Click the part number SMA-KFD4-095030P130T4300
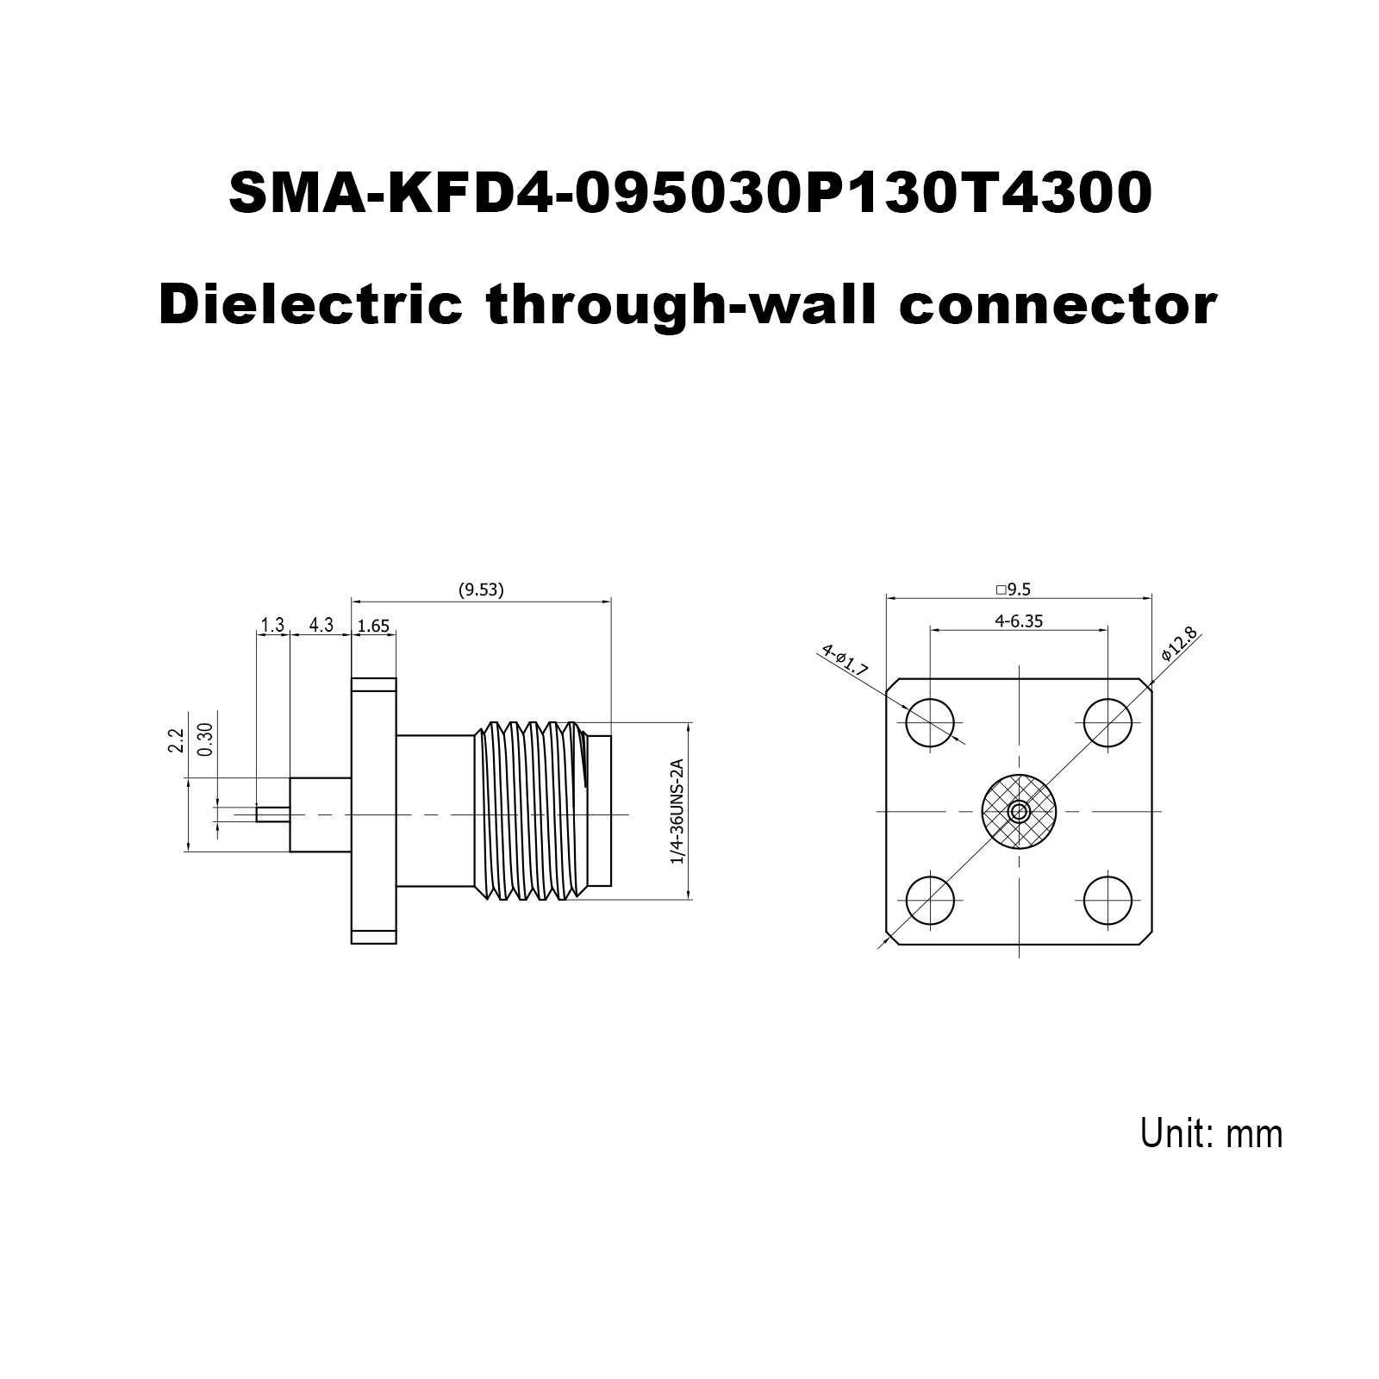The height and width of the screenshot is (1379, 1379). click(690, 192)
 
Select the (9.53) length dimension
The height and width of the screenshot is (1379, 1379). click(481, 590)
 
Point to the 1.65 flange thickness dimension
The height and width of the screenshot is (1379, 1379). click(374, 627)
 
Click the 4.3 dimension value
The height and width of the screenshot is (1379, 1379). click(321, 625)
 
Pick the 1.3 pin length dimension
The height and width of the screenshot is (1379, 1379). click(272, 625)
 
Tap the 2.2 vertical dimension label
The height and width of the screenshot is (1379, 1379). click(177, 741)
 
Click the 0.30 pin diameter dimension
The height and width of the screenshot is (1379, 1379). click(205, 739)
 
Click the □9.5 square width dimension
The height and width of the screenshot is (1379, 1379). click(1014, 590)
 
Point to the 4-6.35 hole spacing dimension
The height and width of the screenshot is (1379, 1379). click(1019, 621)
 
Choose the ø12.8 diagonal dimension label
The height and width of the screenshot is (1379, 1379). click(1179, 644)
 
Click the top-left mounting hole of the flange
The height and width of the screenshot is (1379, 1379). click(931, 721)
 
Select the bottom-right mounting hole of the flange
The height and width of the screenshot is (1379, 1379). click(1108, 901)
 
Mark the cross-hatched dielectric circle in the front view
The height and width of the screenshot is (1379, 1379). click(1019, 811)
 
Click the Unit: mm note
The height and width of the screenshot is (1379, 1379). click(1212, 1133)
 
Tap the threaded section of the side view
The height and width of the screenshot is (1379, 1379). click(530, 812)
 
